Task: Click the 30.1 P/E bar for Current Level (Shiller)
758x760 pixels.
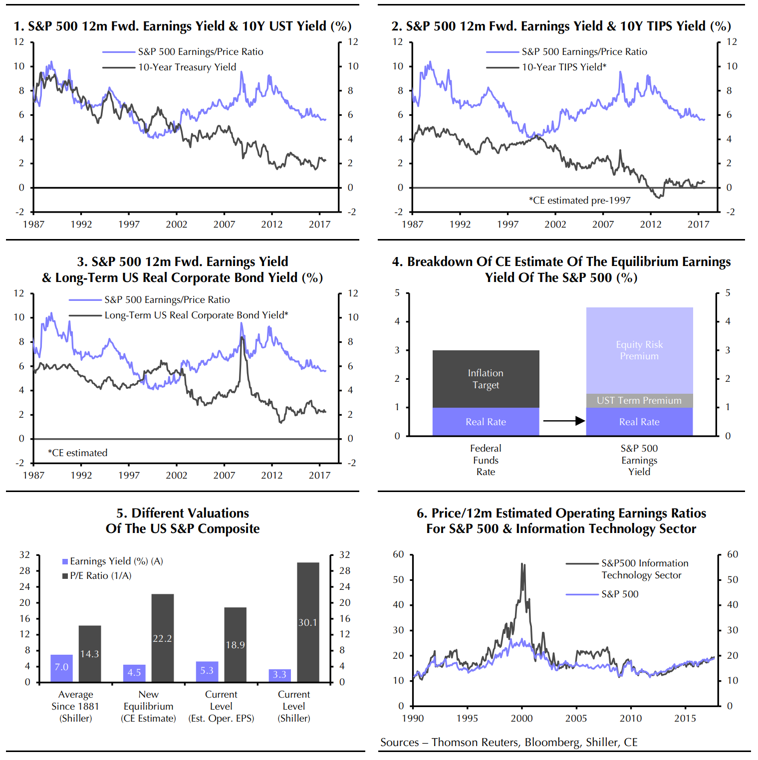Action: click(308, 622)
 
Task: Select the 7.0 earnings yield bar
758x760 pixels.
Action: click(61, 668)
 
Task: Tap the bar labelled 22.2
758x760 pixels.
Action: click(162, 638)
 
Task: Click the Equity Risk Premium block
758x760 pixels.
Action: click(639, 350)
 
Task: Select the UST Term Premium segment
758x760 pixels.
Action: click(639, 401)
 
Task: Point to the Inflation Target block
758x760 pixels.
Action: click(486, 379)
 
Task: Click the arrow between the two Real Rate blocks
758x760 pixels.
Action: click(563, 421)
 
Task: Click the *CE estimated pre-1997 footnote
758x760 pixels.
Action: click(579, 201)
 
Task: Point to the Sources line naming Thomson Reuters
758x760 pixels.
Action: click(508, 743)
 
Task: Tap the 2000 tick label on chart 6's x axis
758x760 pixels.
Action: click(521, 719)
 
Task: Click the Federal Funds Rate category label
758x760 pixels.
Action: click(486, 460)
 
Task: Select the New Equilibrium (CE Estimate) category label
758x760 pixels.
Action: click(148, 707)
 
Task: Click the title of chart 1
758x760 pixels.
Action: click(183, 26)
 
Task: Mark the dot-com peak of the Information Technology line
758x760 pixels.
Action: click(522, 564)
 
